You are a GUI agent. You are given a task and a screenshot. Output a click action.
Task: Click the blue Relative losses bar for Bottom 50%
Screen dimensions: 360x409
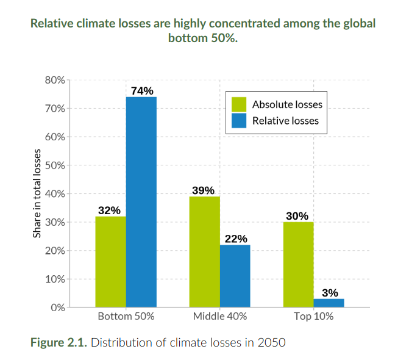point(141,201)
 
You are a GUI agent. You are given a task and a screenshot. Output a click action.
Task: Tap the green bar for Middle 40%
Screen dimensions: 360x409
point(204,251)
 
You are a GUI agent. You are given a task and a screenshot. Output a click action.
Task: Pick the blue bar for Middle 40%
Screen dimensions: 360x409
point(235,276)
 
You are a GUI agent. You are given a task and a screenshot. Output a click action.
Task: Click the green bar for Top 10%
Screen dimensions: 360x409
point(298,264)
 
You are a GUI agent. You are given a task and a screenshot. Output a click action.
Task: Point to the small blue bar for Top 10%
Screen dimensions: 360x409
point(329,303)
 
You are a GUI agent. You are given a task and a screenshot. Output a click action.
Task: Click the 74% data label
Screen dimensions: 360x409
point(141,91)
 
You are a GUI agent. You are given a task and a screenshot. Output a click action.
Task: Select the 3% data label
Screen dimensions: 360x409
point(330,293)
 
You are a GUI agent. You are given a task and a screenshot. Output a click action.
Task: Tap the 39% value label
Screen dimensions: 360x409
point(204,190)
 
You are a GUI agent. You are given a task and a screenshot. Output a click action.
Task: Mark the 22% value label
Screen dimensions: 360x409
point(236,239)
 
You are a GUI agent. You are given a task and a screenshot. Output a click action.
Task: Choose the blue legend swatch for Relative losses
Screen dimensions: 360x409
point(238,120)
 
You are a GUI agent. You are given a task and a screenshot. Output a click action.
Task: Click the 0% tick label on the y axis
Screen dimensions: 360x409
point(57,308)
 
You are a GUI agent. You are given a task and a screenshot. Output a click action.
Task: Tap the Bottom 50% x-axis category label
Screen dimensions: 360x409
point(126,317)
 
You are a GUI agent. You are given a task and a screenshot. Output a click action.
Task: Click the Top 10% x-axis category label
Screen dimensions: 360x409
point(313,317)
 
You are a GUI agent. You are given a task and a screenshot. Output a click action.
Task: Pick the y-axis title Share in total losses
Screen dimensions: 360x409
point(37,193)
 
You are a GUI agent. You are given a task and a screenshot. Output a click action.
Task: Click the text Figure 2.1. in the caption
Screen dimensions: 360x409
point(59,342)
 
